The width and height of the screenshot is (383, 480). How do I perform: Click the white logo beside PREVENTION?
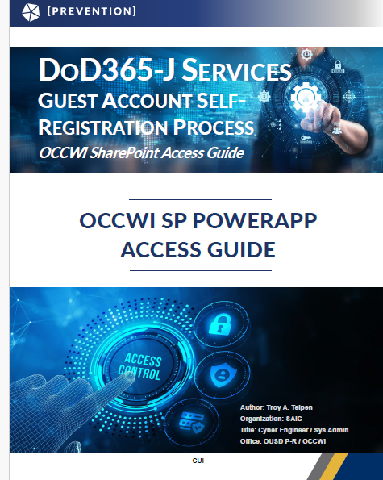coord(31,12)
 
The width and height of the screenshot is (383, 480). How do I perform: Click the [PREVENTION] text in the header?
coord(92,11)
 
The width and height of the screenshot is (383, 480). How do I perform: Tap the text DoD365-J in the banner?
coord(106,69)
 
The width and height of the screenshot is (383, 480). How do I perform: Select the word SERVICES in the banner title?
coord(236,70)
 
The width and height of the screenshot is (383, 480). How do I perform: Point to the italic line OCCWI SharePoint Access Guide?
coord(141,152)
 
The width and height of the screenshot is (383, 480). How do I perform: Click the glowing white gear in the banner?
coord(306,97)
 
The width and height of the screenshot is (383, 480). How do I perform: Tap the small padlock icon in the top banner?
coord(338,67)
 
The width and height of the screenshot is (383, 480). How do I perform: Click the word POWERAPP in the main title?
coord(255,220)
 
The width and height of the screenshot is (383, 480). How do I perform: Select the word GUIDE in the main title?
coord(241,249)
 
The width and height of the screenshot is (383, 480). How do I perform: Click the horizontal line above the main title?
coord(201,199)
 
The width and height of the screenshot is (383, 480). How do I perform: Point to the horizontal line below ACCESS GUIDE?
coord(201,270)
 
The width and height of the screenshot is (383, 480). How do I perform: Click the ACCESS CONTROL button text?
coord(140,367)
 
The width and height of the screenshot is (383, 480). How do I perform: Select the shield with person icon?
coord(223,375)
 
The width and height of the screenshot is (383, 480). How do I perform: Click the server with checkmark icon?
coord(192,422)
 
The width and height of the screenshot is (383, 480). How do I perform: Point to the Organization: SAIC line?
coord(271,419)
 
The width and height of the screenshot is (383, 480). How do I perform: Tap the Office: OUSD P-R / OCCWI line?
coord(283,441)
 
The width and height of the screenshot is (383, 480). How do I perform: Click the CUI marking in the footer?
coord(198,461)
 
